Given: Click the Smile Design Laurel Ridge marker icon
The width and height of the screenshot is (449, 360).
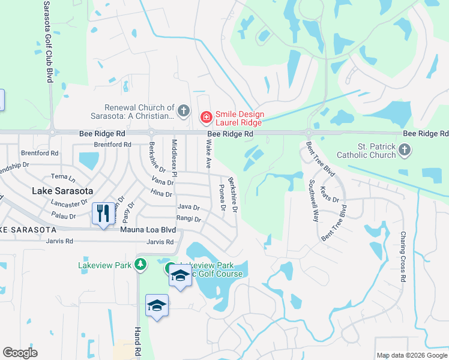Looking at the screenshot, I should point(206,116).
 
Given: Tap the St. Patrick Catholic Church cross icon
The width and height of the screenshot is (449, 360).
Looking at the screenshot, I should point(405,149).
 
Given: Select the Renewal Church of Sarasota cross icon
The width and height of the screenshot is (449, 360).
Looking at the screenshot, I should point(184,110).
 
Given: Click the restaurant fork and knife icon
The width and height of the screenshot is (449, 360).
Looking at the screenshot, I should point(103,213).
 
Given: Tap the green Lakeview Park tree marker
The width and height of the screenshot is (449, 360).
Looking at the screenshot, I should point(140,264).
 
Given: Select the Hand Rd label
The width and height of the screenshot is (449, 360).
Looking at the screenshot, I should point(138,340).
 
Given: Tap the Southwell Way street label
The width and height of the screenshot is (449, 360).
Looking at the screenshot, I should point(313,200).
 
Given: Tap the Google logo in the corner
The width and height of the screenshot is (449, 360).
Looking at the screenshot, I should point(20,352).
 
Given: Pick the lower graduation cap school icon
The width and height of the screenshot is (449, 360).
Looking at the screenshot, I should point(157,305).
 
